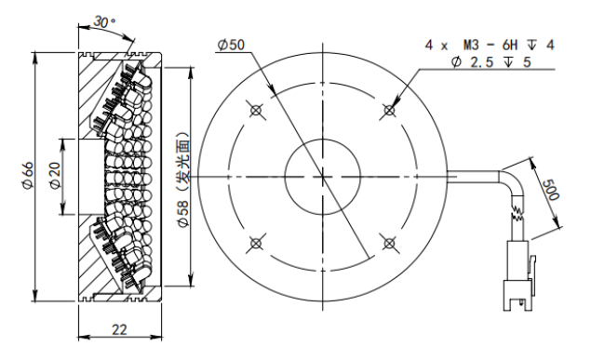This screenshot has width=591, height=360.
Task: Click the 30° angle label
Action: click(x=104, y=21)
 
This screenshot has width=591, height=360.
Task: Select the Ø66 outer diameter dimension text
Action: click(x=29, y=176)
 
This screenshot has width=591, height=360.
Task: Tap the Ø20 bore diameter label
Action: click(x=55, y=176)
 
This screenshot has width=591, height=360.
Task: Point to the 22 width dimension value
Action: click(x=119, y=329)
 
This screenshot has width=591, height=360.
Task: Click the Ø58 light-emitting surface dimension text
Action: click(x=183, y=180)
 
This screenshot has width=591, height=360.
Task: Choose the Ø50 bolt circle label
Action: click(x=232, y=45)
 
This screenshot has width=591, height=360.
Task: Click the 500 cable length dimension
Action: click(x=551, y=190)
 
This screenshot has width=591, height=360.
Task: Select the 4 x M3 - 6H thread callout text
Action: click(x=490, y=46)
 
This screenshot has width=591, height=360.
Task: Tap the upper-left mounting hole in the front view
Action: click(x=256, y=111)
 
